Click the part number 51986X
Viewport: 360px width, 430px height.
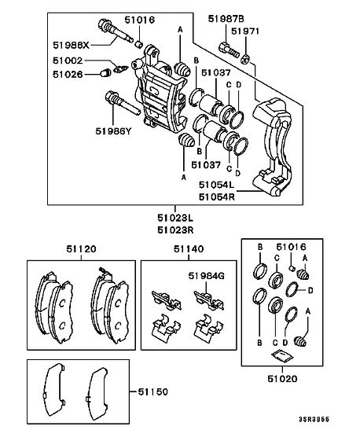pos(71,45)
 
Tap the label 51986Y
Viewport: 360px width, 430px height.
pos(113,131)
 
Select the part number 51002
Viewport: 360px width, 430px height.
pos(68,61)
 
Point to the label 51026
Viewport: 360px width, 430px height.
pos(68,75)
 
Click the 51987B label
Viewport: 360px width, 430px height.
pos(226,19)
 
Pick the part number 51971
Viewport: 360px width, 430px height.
pos(244,31)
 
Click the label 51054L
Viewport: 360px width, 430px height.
pos(216,185)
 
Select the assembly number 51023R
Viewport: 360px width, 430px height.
pos(175,230)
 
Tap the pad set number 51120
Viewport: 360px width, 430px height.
pos(81,248)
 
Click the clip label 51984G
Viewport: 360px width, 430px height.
pos(206,276)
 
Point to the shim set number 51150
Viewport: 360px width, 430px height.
pos(152,391)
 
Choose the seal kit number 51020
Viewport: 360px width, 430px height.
pos(282,379)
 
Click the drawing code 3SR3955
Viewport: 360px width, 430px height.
pos(314,419)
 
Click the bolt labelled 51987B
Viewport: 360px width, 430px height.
pos(229,50)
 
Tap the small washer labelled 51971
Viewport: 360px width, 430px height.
pos(245,60)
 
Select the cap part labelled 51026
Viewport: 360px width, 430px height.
pos(105,73)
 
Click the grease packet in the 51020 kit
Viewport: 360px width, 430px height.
pos(282,355)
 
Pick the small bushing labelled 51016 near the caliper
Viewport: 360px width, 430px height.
pos(139,44)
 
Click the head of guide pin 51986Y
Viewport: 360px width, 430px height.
pos(110,97)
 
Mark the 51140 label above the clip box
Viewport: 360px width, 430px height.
pos(189,248)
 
